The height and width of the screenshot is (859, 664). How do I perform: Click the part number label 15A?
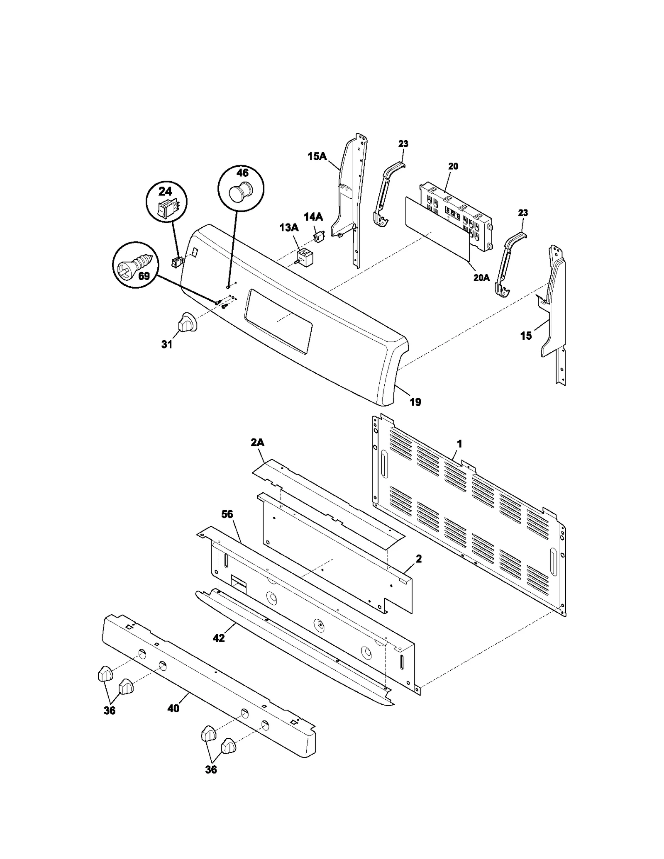pyautogui.click(x=317, y=156)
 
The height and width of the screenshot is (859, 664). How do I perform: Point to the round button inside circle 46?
pyautogui.click(x=239, y=192)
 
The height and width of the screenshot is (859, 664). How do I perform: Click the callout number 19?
pyautogui.click(x=415, y=402)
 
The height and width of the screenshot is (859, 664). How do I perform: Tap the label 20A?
pyautogui.click(x=481, y=278)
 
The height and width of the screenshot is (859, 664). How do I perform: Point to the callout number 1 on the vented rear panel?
pyautogui.click(x=459, y=444)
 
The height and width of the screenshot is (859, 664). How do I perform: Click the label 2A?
pyautogui.click(x=257, y=443)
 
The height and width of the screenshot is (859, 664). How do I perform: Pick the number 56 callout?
pyautogui.click(x=227, y=514)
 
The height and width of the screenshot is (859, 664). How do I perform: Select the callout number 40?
pyautogui.click(x=173, y=708)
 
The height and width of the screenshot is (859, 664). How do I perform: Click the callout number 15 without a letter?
pyautogui.click(x=526, y=336)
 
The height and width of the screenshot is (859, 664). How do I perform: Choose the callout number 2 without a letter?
pyautogui.click(x=418, y=559)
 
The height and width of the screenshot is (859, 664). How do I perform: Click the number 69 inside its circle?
pyautogui.click(x=144, y=276)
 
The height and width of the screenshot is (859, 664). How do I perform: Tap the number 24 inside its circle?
pyautogui.click(x=165, y=191)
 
